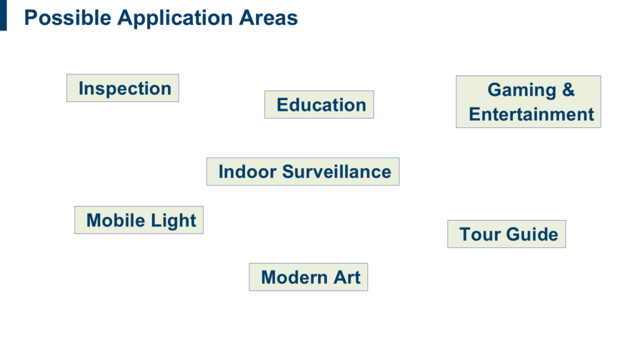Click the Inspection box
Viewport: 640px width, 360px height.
(x=122, y=87)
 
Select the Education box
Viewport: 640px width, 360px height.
(x=319, y=104)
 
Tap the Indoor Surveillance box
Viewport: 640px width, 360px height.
(x=303, y=171)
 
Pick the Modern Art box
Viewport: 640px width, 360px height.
(x=309, y=277)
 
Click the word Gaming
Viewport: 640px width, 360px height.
(x=522, y=91)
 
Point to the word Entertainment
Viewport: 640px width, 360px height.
(x=531, y=114)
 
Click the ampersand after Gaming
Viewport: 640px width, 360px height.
(x=568, y=90)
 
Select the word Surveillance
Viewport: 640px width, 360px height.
(x=337, y=171)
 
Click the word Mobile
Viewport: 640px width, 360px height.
(x=116, y=221)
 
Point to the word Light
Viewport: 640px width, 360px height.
(x=174, y=221)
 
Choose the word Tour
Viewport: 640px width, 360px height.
(x=480, y=234)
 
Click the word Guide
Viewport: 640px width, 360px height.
(x=532, y=234)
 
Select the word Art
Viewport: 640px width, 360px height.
(x=347, y=277)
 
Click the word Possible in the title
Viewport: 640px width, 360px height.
(x=67, y=18)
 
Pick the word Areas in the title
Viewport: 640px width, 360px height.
(x=269, y=18)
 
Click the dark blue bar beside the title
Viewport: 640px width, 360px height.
(x=3, y=15)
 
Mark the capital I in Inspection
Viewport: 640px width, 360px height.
(x=81, y=89)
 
